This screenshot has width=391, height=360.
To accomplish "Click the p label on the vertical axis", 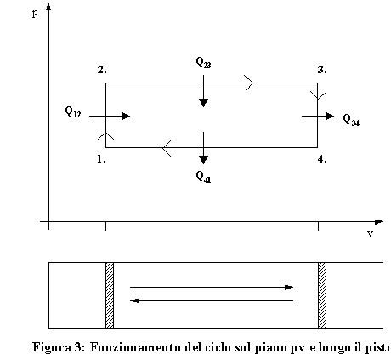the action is [x=35, y=13].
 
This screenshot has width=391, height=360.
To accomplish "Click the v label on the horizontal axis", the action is [x=370, y=234].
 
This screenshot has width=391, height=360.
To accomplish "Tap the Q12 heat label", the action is [x=73, y=111].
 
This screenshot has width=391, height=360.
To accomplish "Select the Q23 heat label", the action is [x=203, y=62].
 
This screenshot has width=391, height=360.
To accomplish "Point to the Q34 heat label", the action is [x=351, y=119].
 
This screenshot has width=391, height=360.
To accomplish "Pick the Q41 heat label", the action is [x=203, y=177].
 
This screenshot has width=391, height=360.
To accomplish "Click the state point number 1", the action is [x=101, y=159].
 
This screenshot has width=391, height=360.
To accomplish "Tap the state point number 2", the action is [x=102, y=70].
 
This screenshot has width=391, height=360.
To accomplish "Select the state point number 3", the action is [x=322, y=70].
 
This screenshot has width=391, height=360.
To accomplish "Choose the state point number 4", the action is [x=322, y=159].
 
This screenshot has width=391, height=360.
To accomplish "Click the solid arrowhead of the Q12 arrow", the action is [x=126, y=116].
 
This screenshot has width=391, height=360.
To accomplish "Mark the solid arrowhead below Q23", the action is [x=203, y=103].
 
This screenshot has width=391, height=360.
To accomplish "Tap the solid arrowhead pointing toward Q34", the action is [x=330, y=116].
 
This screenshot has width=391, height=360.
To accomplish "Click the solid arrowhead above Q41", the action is [x=203, y=160].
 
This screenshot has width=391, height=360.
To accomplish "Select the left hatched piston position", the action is [x=110, y=295].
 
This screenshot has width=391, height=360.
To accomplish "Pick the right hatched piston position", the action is [x=322, y=295].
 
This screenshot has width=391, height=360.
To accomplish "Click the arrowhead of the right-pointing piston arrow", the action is [x=289, y=288].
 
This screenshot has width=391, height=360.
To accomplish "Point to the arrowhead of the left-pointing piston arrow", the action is [x=134, y=300].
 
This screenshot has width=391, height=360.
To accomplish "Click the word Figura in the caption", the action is [x=52, y=347].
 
